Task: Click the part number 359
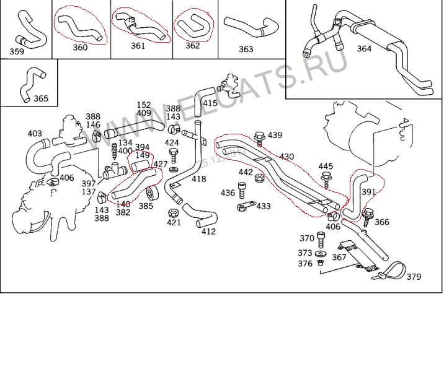[x=17, y=51]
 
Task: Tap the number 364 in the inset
[x=364, y=48]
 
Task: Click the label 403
[x=35, y=133]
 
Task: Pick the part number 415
[x=210, y=103]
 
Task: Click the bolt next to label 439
[x=259, y=136]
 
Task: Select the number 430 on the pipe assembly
[x=286, y=157]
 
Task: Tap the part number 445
[x=326, y=166]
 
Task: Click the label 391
[x=368, y=192]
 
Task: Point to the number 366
[x=382, y=222]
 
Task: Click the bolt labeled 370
[x=321, y=238]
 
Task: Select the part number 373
[x=304, y=253]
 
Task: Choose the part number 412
[x=208, y=232]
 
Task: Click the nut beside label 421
[x=174, y=214]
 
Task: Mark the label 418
[x=198, y=179]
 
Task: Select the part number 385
[x=145, y=206]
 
